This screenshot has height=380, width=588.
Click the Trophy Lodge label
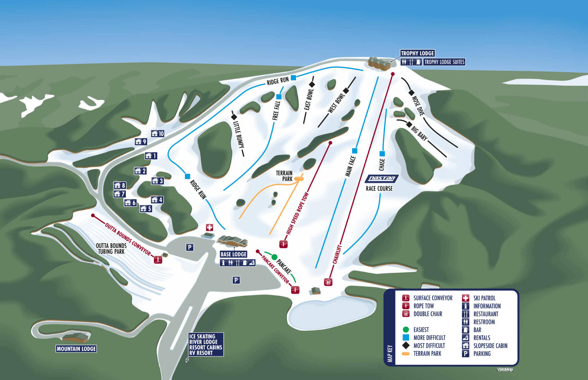[417, 53]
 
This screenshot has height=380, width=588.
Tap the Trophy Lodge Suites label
[444, 62]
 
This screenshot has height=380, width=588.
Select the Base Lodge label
[233, 254]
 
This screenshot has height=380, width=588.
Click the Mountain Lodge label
[76, 349]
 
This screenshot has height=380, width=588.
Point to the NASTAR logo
[382, 178]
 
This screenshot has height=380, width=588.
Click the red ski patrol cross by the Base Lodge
[209, 227]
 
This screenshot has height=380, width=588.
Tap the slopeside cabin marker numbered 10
[158, 134]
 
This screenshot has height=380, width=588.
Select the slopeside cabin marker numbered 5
[146, 209]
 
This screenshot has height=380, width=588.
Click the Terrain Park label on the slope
[284, 176]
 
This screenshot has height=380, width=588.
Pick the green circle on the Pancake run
[274, 257]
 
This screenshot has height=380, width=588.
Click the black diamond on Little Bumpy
[234, 117]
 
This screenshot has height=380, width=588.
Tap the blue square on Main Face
[355, 151]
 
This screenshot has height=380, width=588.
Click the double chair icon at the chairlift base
[328, 282]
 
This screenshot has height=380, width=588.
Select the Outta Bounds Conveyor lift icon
[158, 259]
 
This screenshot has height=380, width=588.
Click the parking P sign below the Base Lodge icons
[236, 280]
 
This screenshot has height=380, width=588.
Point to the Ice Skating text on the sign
[202, 336]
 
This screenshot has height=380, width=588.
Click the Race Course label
[379, 189]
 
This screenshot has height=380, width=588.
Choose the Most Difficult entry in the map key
[429, 345]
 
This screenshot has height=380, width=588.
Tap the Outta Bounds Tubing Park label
[111, 249]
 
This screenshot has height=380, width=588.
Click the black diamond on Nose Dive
[411, 93]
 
